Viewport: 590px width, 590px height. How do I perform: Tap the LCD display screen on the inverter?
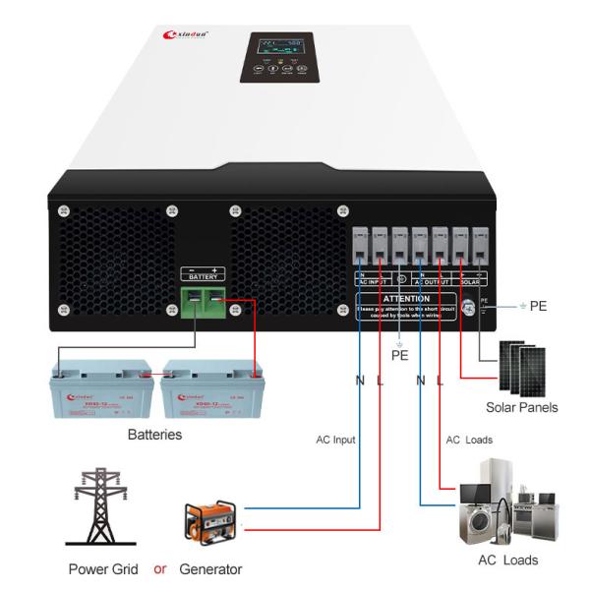276,47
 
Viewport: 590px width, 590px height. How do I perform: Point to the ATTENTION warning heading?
406,298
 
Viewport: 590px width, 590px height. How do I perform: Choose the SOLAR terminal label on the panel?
470,280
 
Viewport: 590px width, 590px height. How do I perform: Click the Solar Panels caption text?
521,407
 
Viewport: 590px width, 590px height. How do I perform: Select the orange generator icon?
209,521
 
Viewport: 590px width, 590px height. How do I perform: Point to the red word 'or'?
160,569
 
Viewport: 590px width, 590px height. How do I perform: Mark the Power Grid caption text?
102,569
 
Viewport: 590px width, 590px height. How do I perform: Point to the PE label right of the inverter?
538,306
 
